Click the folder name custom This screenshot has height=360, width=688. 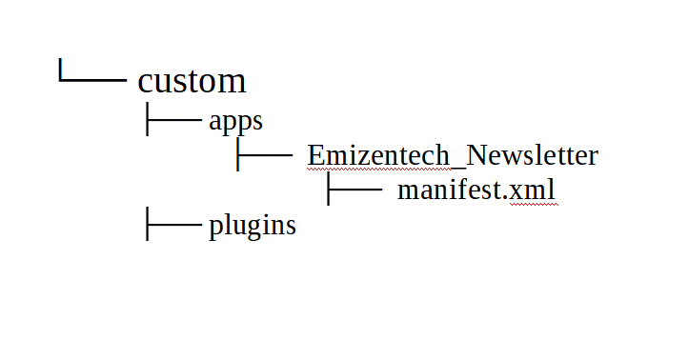(x=192, y=82)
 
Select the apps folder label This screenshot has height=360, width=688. (x=235, y=122)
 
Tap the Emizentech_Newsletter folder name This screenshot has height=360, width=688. (x=452, y=155)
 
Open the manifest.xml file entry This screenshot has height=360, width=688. (x=476, y=190)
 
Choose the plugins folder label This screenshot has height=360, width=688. (x=252, y=227)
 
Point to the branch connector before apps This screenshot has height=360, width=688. (x=172, y=120)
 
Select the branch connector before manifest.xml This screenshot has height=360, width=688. (x=354, y=189)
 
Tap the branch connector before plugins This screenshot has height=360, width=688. (x=172, y=225)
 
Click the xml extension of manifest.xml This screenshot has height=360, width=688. (x=533, y=190)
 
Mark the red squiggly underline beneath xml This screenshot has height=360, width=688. (x=533, y=203)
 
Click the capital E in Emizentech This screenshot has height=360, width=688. (x=315, y=155)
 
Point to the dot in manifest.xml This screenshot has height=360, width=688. (x=507, y=198)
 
